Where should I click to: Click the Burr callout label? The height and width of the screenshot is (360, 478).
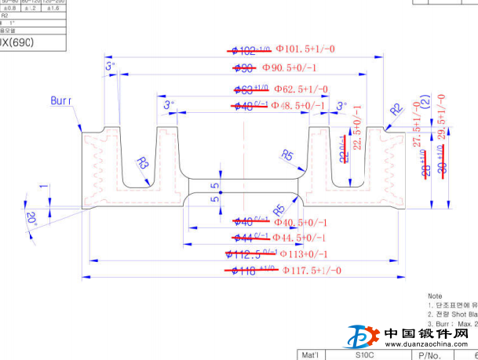point(61,101)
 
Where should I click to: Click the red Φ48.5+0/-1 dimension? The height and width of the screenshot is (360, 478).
point(297,105)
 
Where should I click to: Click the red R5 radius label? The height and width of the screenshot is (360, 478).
point(279,209)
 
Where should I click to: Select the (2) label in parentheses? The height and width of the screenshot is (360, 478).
point(425,102)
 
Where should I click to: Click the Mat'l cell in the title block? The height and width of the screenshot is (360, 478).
point(311,355)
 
